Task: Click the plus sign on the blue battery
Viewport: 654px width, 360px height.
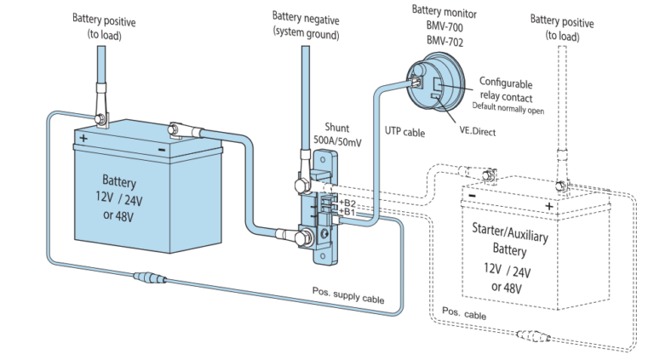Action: [x=83, y=137]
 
